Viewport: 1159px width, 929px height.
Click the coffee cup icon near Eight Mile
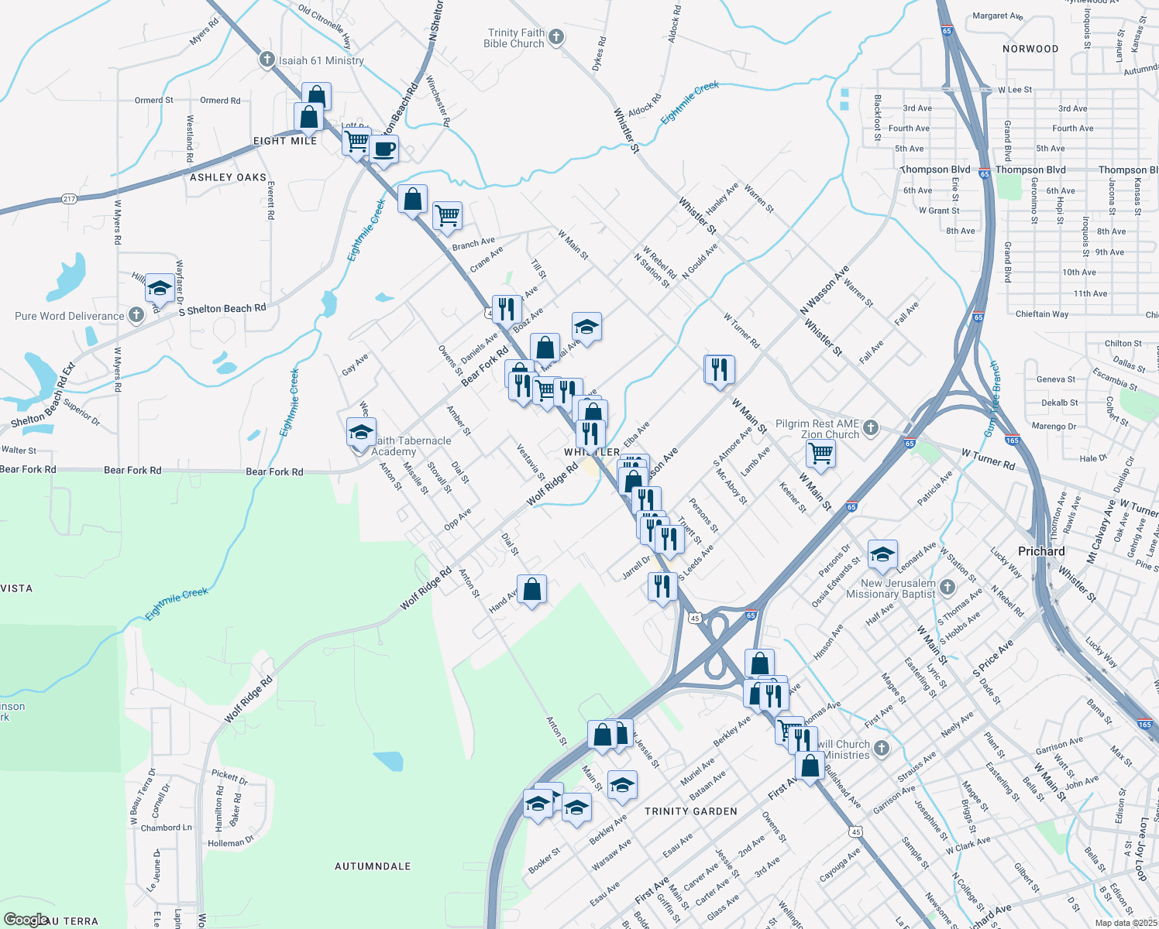(x=383, y=148)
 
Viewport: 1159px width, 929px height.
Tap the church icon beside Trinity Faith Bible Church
(x=556, y=36)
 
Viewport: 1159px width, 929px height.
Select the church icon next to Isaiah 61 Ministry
(x=267, y=60)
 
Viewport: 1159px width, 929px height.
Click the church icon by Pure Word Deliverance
(x=136, y=314)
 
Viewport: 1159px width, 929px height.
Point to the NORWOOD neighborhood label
(x=1030, y=49)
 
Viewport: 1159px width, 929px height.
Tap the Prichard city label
(x=1041, y=551)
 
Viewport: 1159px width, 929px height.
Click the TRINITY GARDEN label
(x=690, y=811)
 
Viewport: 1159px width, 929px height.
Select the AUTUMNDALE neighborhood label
(x=373, y=866)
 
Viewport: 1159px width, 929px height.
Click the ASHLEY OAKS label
(x=228, y=177)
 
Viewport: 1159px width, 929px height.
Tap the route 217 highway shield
(x=69, y=199)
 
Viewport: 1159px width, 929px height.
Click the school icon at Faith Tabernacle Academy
(x=361, y=431)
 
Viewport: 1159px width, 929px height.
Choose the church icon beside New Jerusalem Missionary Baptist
(x=947, y=588)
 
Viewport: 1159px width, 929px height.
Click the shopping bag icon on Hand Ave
(x=532, y=589)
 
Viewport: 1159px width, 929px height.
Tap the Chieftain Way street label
(x=1041, y=314)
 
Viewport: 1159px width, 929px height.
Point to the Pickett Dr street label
(x=229, y=776)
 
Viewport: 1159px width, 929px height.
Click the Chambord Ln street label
(x=166, y=828)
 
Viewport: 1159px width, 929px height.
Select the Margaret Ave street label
(x=997, y=15)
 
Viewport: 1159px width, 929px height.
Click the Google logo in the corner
(x=25, y=920)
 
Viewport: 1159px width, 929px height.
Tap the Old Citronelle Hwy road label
(x=325, y=28)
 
